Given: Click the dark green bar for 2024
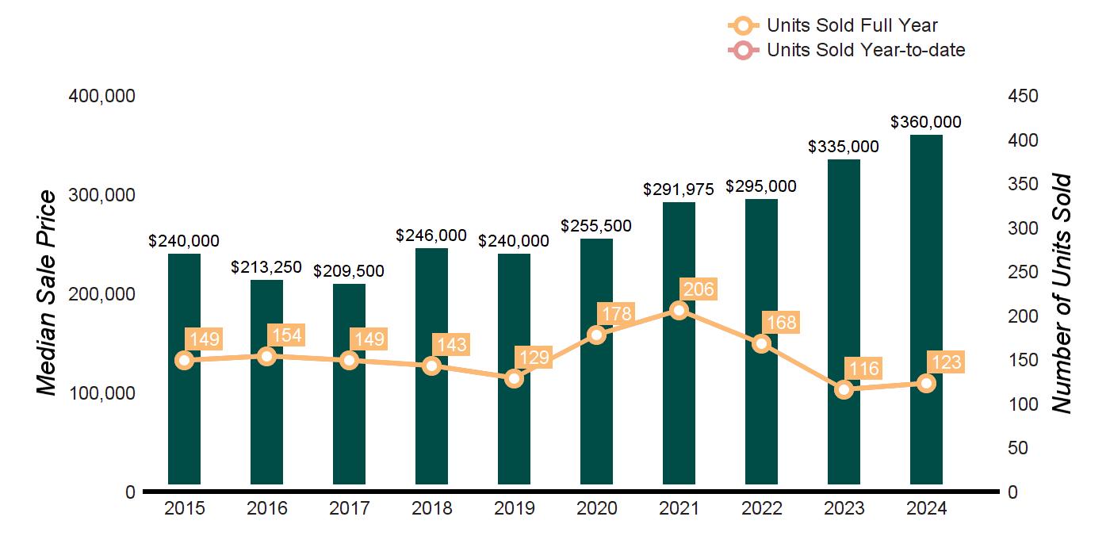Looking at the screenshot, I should pos(926,309).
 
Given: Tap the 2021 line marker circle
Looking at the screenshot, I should pos(679,310).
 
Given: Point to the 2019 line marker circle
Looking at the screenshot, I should pos(515,378).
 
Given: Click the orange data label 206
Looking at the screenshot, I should pos(698,289).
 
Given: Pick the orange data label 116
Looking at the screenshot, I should pos(863,369).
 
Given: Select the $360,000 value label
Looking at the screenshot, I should pos(926,122).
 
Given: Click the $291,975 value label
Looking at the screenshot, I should pos(679,189).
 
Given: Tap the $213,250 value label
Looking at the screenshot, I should pos(266,267).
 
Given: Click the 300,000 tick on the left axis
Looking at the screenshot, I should pos(104,195).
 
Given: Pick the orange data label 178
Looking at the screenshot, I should pos(615,314).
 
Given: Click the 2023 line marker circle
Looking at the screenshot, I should pos(844,389).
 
